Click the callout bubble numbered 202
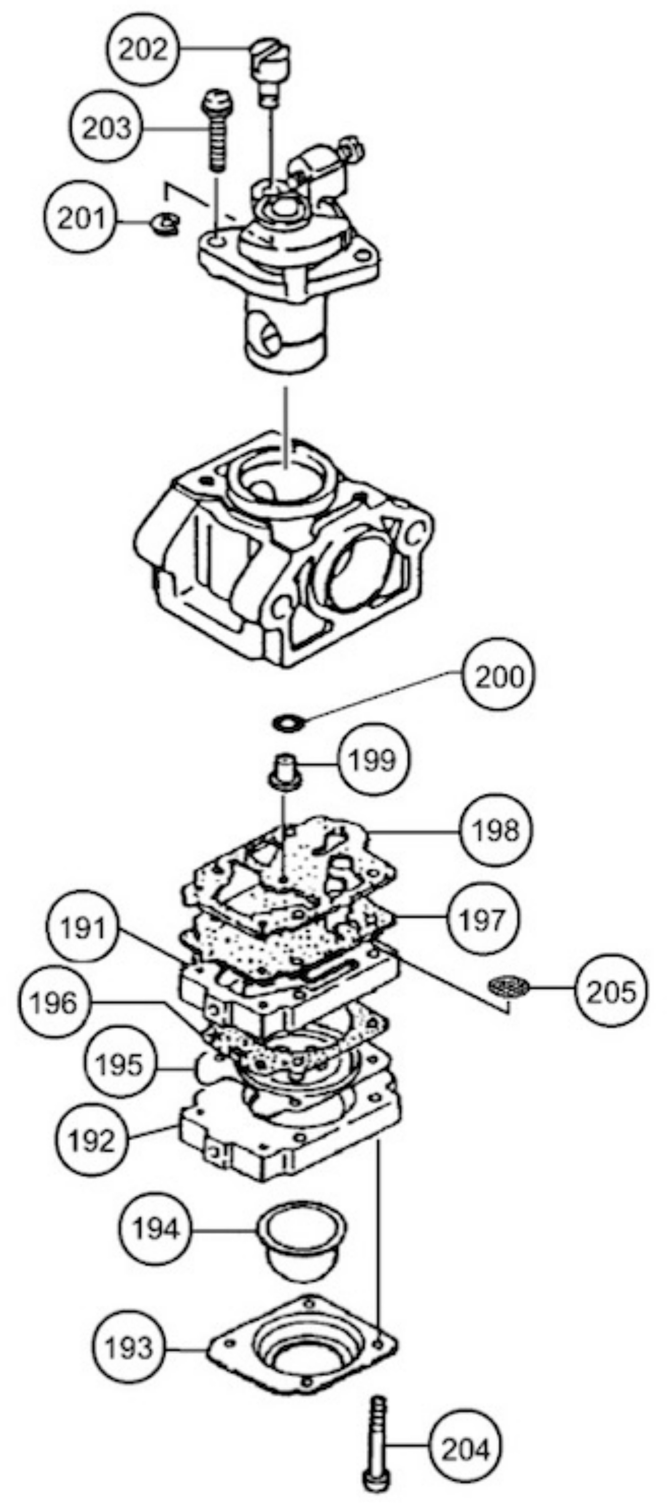(143, 50)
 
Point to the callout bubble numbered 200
(500, 677)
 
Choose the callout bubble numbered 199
(372, 759)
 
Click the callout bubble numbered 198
(496, 830)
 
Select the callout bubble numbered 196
(53, 1003)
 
